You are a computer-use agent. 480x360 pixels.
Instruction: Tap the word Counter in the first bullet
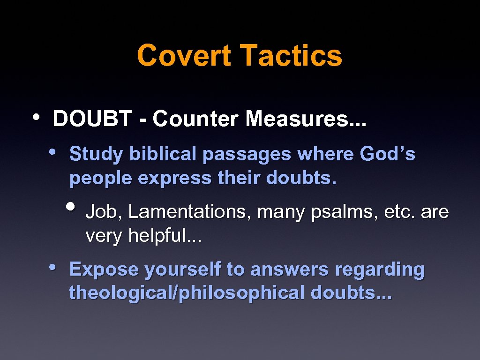196,119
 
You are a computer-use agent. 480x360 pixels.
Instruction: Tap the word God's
387,154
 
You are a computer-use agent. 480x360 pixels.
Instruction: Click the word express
174,179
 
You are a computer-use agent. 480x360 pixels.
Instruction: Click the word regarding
379,270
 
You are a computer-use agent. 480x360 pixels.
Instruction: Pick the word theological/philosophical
187,293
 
